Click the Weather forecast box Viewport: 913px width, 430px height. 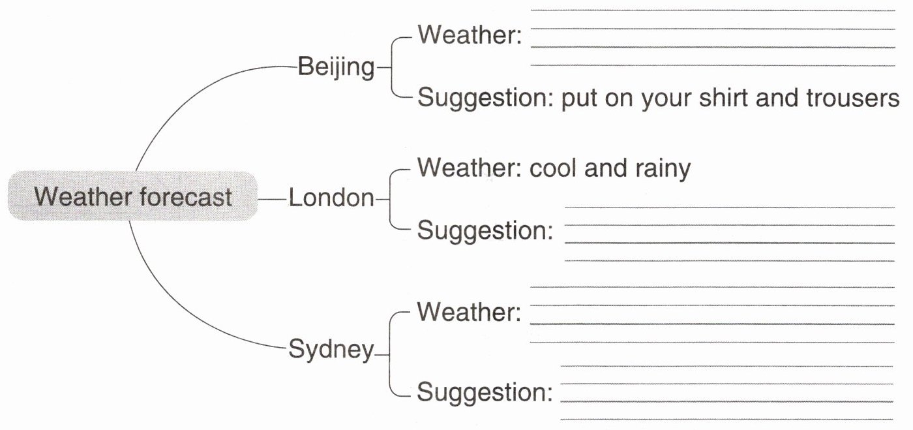click(132, 196)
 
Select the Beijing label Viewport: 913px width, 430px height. click(336, 67)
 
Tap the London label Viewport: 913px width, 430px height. click(331, 198)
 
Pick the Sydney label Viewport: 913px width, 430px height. click(331, 350)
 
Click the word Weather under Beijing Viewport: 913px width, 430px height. click(469, 34)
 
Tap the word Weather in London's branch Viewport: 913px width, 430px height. click(469, 168)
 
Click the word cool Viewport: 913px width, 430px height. click(553, 168)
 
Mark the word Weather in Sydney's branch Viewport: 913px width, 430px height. click(469, 312)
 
